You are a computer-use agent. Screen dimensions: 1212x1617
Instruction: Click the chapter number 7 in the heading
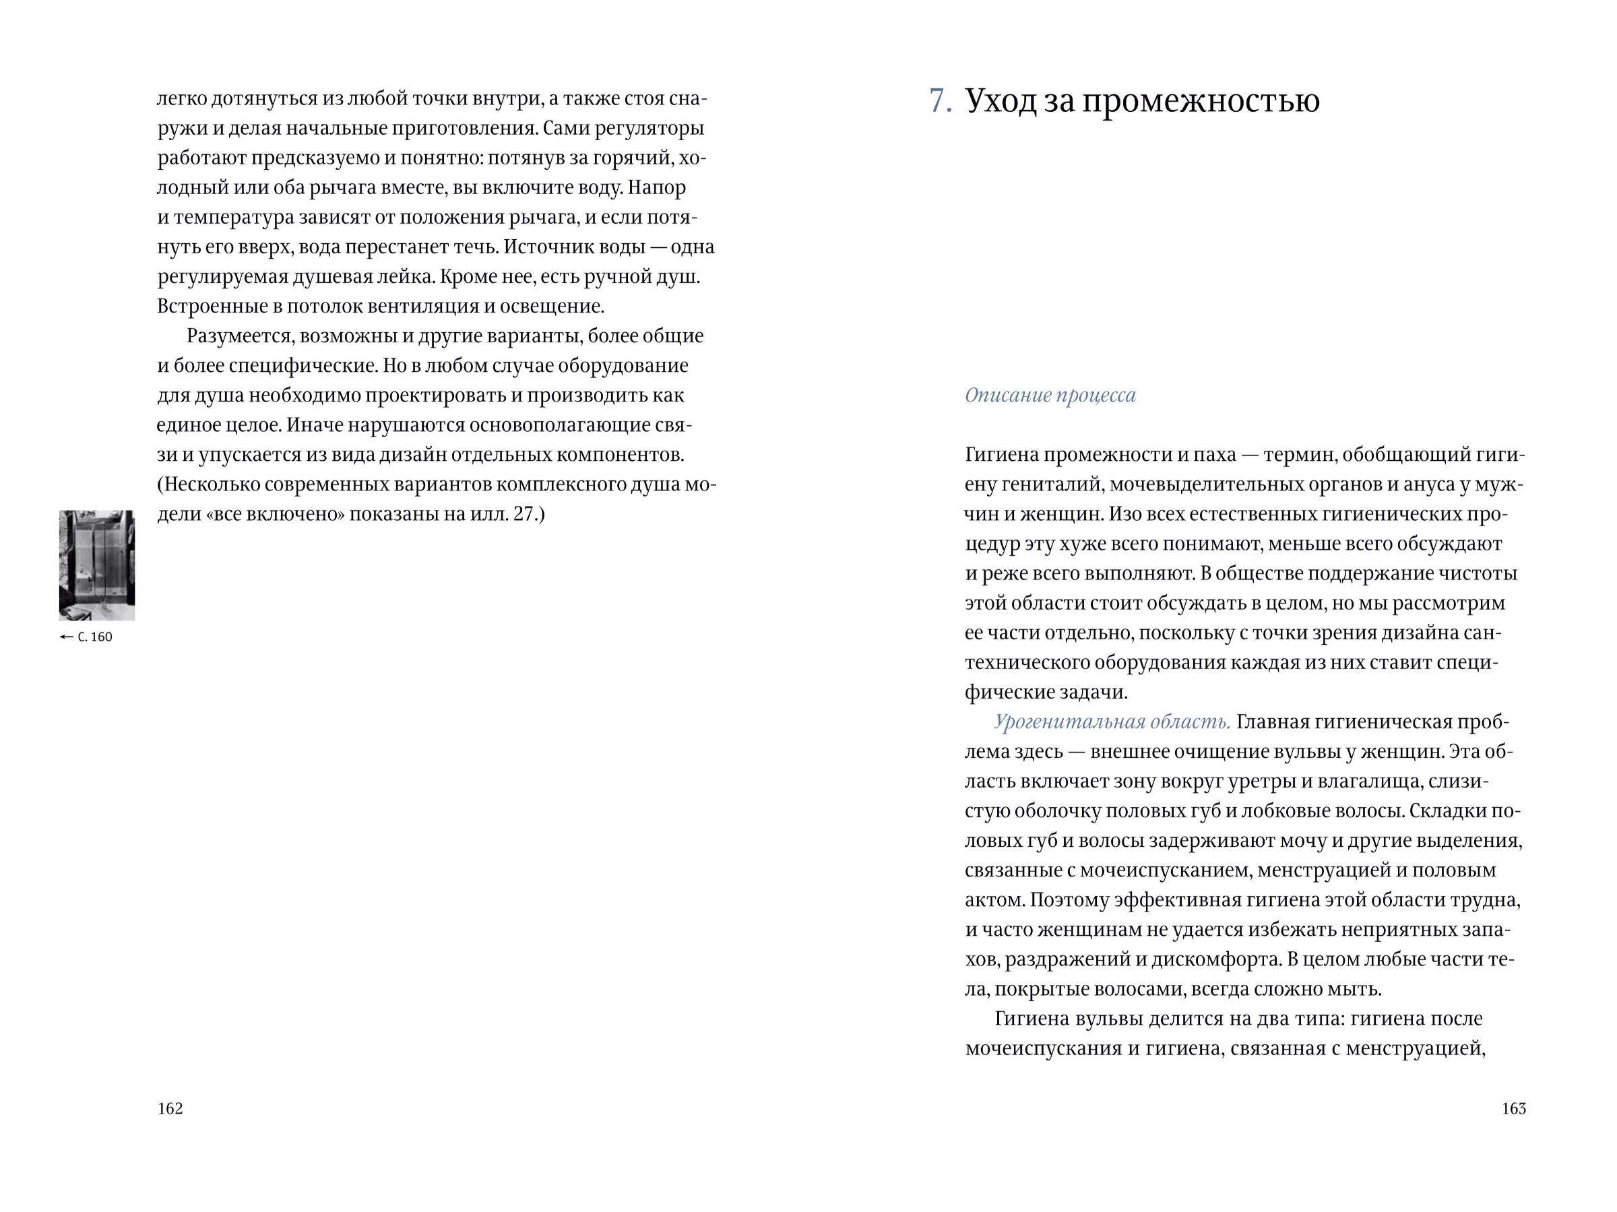[x=939, y=101]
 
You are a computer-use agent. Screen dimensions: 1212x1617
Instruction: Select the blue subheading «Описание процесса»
[x=1050, y=395]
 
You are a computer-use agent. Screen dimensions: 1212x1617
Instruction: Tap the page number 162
[x=170, y=1108]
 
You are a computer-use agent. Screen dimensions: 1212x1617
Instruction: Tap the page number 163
[x=1513, y=1108]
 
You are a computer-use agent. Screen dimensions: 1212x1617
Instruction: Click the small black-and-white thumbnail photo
[x=96, y=565]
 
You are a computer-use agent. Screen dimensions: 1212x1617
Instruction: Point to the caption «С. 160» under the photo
[x=95, y=637]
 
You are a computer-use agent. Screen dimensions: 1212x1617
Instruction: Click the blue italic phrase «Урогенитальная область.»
[x=1111, y=722]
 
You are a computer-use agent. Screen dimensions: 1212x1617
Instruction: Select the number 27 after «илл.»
[x=524, y=514]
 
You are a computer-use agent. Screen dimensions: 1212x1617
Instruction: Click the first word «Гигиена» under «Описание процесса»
[x=1001, y=455]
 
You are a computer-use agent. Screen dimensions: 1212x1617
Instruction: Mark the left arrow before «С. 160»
[x=67, y=637]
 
